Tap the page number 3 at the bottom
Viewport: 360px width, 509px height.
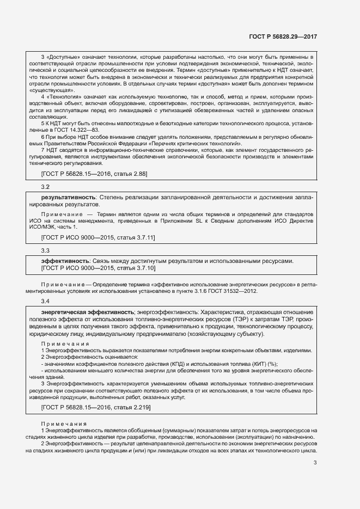pyautogui.click(x=315, y=463)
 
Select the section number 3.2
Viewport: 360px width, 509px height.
pyautogui.click(x=45, y=187)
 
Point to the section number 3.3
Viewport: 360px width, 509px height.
pyautogui.click(x=45, y=250)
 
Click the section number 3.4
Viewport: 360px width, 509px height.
pyautogui.click(x=45, y=301)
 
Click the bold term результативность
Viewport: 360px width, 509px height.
pyautogui.click(x=69, y=197)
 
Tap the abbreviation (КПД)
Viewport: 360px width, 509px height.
pyautogui.click(x=155, y=364)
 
